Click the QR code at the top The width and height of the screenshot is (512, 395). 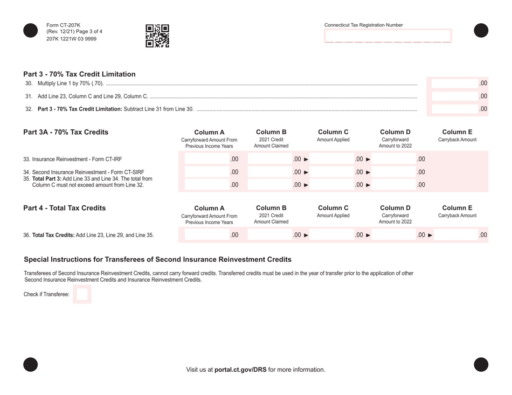(157, 36)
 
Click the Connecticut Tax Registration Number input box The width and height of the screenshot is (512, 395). (388, 36)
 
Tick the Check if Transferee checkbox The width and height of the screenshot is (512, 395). (82, 294)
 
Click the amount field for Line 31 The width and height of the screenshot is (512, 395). (456, 96)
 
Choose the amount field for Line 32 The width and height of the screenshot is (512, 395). (456, 109)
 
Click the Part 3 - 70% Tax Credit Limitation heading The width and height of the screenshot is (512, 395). (79, 74)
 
